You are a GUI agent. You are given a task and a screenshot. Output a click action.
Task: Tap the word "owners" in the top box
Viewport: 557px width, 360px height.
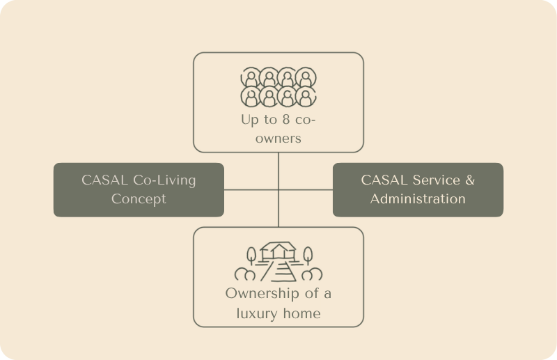pyautogui.click(x=278, y=138)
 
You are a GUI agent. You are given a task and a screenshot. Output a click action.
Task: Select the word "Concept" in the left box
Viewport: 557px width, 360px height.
pyautogui.click(x=139, y=198)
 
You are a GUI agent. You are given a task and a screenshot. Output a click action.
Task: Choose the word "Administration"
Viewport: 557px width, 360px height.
pyautogui.click(x=418, y=198)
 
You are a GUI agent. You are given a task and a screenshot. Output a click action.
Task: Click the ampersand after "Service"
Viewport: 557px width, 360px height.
pyautogui.click(x=469, y=180)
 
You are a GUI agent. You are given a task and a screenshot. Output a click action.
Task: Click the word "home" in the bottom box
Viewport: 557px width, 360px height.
pyautogui.click(x=300, y=313)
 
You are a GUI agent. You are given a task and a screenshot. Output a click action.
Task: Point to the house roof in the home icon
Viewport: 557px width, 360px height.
pyautogui.click(x=278, y=246)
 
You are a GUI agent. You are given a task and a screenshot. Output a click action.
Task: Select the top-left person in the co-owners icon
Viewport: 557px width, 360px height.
pyautogui.click(x=250, y=76)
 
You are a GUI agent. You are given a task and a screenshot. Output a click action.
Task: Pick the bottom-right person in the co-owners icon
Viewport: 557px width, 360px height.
pyautogui.click(x=304, y=95)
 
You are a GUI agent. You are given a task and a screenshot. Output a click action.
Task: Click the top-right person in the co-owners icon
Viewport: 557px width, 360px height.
pyautogui.click(x=304, y=76)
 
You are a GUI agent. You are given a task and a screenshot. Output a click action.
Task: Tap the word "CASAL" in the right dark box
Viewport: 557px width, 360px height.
pyautogui.click(x=383, y=180)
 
